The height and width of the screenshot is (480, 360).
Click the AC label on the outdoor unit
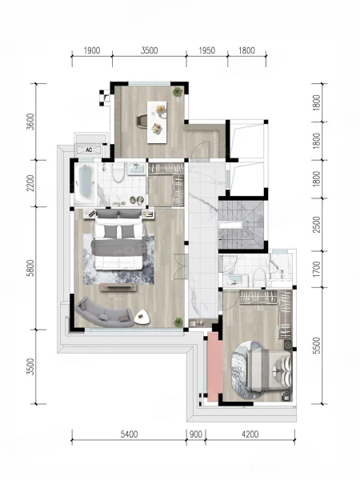click(x=89, y=150)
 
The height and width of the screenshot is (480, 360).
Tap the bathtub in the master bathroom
click(x=86, y=184)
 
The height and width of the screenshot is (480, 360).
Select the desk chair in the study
click(x=142, y=120)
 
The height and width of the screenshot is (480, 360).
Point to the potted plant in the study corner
click(x=178, y=91)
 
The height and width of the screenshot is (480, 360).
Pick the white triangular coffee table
click(x=142, y=317)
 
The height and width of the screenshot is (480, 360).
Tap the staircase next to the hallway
click(x=241, y=225)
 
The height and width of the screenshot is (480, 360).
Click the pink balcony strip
click(x=214, y=366)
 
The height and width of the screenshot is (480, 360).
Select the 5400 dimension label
click(x=129, y=434)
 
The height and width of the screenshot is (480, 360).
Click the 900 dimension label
click(x=196, y=434)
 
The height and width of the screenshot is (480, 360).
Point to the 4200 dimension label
click(x=250, y=434)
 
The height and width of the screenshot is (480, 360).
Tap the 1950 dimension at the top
click(x=207, y=50)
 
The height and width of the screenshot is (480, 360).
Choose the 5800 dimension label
click(x=30, y=268)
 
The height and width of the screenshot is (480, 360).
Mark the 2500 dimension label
click(x=317, y=224)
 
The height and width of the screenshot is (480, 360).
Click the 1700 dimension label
click(x=317, y=269)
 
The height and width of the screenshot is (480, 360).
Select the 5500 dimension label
click(x=317, y=346)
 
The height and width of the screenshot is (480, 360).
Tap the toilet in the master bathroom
click(x=118, y=172)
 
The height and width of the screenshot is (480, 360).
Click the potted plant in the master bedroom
click(x=178, y=322)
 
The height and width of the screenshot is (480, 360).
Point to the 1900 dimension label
click(x=92, y=50)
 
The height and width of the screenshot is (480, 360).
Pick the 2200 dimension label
click(x=30, y=183)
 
